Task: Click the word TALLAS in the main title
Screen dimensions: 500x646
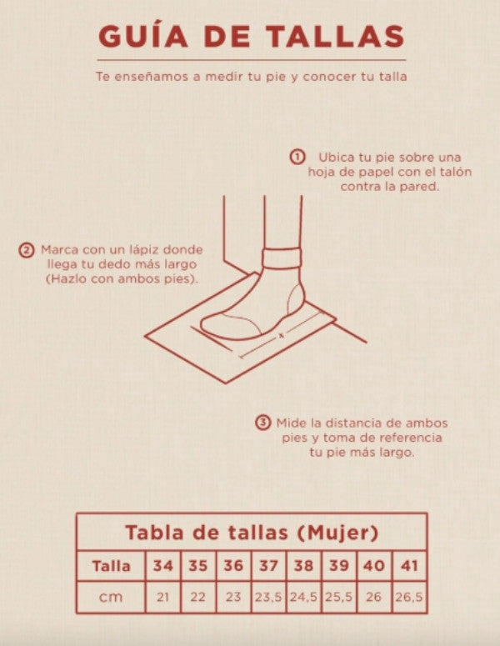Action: pos(335,37)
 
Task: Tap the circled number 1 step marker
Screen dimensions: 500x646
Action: pos(297,157)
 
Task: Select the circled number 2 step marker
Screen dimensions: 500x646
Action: pos(27,250)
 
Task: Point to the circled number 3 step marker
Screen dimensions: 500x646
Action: pos(263,423)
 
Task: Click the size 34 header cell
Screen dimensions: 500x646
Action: pos(162,566)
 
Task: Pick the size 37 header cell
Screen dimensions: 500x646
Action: pos(268,566)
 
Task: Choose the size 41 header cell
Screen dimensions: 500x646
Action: pos(409,566)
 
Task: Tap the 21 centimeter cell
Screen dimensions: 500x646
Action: pos(162,597)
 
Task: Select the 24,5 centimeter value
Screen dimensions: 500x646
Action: pos(303,597)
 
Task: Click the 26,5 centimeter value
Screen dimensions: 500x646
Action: pos(409,597)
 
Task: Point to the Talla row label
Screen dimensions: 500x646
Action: pos(111,566)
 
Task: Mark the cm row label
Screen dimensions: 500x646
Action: pos(111,597)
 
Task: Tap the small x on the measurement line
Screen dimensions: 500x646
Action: pos(282,335)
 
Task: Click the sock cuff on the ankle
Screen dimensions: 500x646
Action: pos(282,258)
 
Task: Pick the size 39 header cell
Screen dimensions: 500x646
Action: pos(338,566)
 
